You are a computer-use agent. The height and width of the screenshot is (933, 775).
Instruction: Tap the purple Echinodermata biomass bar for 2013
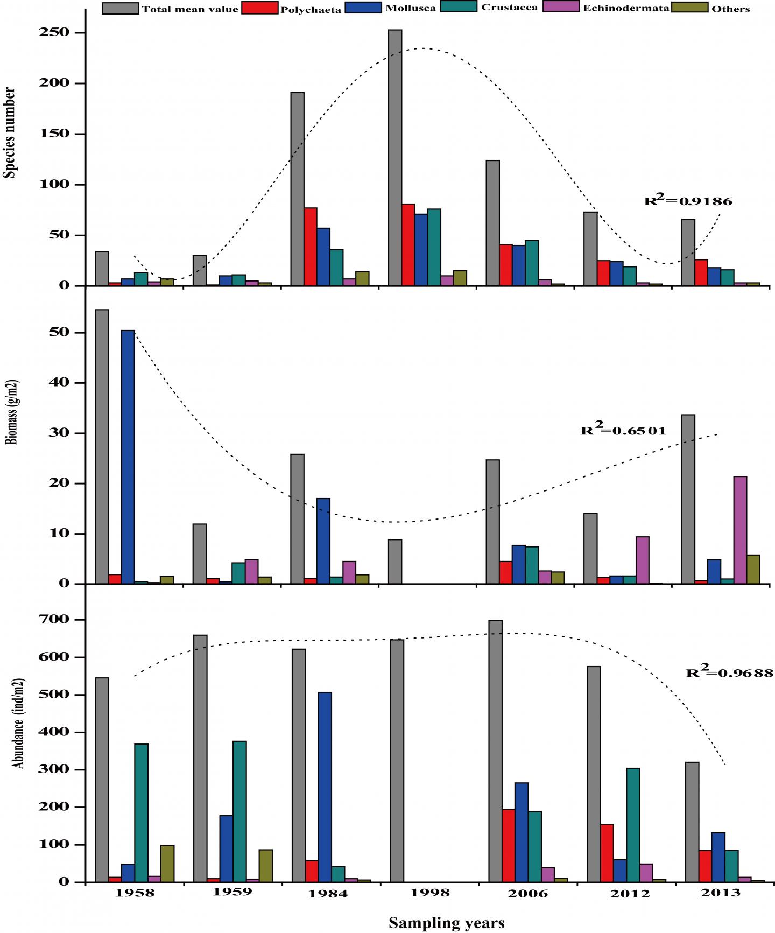click(740, 530)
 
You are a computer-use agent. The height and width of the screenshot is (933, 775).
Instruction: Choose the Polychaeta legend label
click(311, 9)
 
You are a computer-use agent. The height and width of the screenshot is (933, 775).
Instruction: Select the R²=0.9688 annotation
click(729, 672)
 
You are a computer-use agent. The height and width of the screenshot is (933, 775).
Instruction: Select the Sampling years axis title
click(446, 923)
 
